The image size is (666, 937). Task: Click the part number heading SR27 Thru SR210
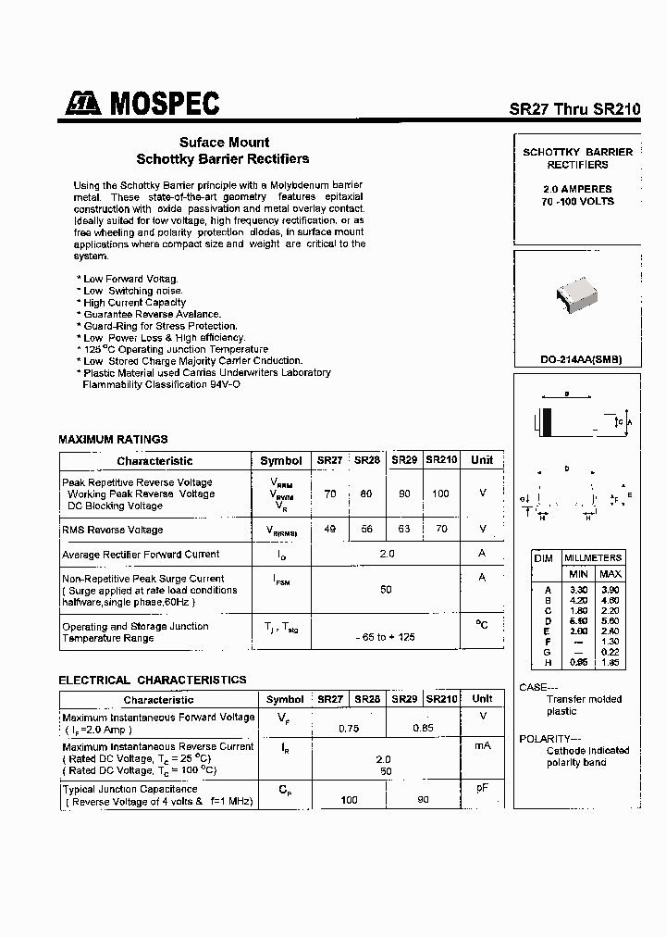click(573, 108)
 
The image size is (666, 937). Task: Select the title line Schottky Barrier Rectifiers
click(223, 158)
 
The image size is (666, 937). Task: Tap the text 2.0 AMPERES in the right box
click(577, 189)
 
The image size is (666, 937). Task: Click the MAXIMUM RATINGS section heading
click(113, 439)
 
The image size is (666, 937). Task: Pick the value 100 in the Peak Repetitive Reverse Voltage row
click(440, 493)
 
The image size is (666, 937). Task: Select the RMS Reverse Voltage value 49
click(330, 529)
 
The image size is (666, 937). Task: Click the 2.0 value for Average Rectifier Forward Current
click(387, 554)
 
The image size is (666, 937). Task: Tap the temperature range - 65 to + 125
click(387, 638)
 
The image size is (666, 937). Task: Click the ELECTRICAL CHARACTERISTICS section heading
click(153, 680)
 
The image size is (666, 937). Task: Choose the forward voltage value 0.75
click(349, 729)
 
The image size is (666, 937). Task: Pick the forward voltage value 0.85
click(423, 729)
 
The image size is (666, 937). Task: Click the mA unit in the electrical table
click(482, 745)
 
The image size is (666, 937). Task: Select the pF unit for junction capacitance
click(482, 788)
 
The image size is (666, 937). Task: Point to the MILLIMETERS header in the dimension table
click(593, 557)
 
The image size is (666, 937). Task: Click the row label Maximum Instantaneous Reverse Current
click(157, 746)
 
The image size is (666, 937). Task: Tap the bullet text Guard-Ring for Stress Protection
click(159, 326)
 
